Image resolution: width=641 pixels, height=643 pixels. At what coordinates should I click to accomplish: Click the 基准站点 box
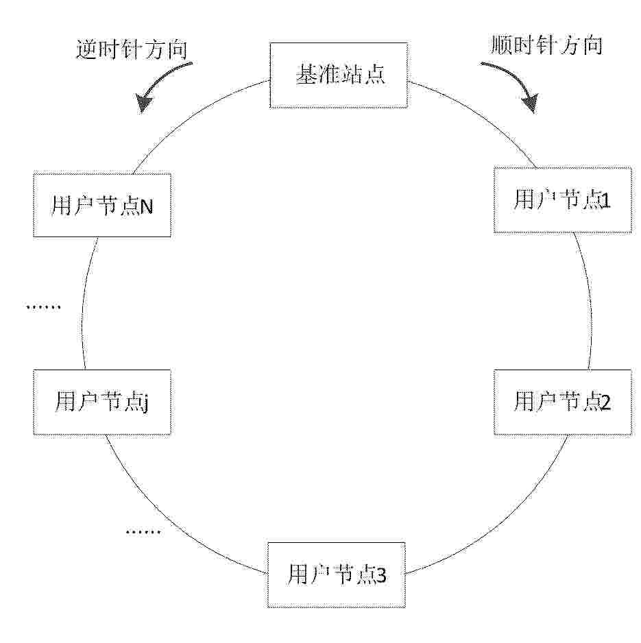[x=339, y=75]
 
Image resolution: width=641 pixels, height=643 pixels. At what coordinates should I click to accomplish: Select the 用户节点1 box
[x=563, y=200]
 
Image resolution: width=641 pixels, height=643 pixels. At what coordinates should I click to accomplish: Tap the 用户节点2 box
[x=563, y=402]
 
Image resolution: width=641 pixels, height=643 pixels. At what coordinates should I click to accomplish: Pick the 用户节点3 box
[x=337, y=574]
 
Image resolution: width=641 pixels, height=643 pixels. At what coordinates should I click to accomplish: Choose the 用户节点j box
[x=101, y=402]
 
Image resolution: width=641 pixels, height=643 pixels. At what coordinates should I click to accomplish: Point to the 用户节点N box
[x=101, y=205]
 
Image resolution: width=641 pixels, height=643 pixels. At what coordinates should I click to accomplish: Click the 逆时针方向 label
[x=132, y=49]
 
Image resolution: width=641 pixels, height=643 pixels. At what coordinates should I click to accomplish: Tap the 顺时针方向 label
[x=546, y=45]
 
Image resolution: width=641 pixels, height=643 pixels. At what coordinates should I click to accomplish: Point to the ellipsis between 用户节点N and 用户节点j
[x=43, y=306]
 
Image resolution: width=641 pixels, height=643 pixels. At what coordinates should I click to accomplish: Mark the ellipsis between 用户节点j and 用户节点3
[x=143, y=532]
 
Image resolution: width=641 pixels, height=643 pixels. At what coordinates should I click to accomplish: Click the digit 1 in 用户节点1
[x=606, y=201]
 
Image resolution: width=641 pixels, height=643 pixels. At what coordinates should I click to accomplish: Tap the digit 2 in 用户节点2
[x=605, y=403]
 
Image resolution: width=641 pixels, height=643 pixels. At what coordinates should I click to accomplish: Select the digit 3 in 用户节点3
[x=380, y=576]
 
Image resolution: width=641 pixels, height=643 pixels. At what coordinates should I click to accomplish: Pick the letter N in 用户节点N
[x=147, y=206]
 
